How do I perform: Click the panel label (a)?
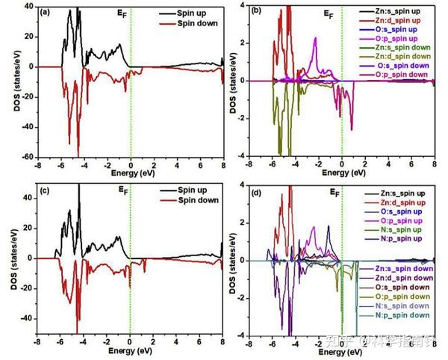[45, 12]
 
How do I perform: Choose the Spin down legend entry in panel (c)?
[196, 202]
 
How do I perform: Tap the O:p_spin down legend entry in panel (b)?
[403, 74]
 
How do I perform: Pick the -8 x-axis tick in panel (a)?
[37, 165]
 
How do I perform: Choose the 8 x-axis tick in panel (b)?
[434, 164]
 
